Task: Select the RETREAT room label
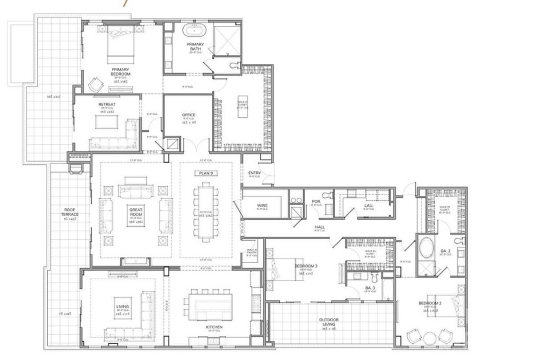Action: tap(107, 104)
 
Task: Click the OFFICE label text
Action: tap(189, 116)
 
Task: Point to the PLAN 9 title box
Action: tap(205, 173)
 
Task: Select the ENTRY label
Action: tap(254, 173)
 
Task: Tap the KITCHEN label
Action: tap(215, 327)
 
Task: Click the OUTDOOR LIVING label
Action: tap(330, 321)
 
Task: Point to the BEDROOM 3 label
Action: tap(306, 266)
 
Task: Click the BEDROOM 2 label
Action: tap(429, 304)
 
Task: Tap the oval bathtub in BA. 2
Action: tap(427, 248)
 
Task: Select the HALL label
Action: tap(319, 228)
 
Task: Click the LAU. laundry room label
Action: tap(368, 205)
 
